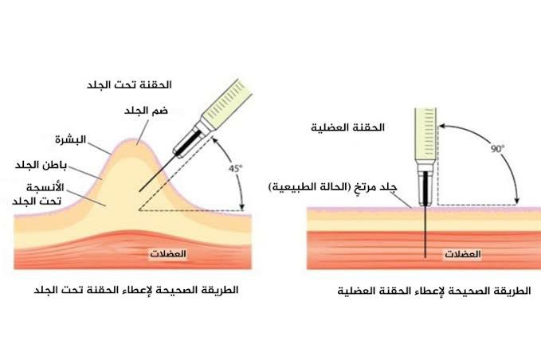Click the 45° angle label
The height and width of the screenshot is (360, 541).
click(235, 169)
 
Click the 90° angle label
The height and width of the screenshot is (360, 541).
click(497, 149)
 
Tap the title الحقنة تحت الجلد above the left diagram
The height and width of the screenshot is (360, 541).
click(129, 85)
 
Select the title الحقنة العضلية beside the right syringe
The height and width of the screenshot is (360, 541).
click(347, 127)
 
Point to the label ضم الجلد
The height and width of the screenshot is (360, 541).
click(146, 111)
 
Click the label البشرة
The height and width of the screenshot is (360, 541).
click(70, 139)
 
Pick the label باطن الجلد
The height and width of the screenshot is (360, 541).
click(41, 165)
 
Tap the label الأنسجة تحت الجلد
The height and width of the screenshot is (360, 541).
click(38, 194)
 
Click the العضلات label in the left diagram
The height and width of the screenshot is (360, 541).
click(168, 254)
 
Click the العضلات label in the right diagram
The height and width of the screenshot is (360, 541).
click(463, 255)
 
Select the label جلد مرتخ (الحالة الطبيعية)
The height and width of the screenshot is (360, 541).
click(333, 187)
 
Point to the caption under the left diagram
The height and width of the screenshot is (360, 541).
click(136, 290)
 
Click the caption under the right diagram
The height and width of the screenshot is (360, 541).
click(434, 291)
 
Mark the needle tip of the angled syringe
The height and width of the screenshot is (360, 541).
click(139, 191)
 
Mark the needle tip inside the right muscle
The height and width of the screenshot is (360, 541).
click(425, 257)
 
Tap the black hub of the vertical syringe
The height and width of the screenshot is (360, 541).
click(425, 188)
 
